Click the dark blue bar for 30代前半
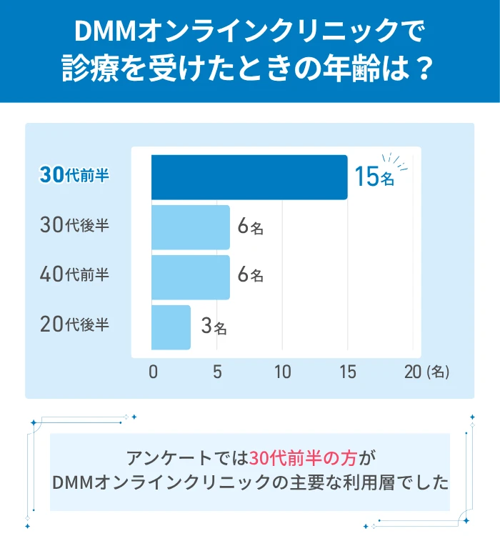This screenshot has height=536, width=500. click(249, 177)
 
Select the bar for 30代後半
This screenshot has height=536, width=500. click(191, 227)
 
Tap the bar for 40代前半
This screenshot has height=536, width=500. click(191, 277)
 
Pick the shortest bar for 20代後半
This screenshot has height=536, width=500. click(171, 327)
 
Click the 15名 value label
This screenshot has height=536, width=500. click(374, 177)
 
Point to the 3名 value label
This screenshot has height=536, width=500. click(214, 327)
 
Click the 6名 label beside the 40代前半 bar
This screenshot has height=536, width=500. click(251, 275)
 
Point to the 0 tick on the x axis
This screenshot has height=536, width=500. click(153, 372)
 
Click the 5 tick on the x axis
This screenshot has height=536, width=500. click(217, 372)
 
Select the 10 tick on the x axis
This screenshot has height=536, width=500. click(282, 372)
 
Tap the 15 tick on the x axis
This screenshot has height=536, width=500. click(347, 372)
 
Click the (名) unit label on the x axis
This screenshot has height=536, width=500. click(437, 372)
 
